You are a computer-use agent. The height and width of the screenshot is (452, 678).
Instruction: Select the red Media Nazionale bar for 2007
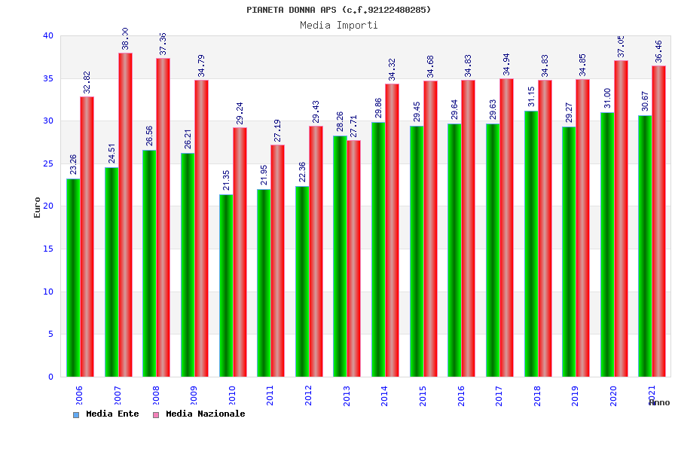pyautogui.click(x=125, y=215)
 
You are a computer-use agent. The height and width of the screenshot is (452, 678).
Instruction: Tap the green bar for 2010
pyautogui.click(x=226, y=286)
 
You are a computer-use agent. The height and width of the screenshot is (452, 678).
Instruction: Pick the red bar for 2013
pyautogui.click(x=354, y=258)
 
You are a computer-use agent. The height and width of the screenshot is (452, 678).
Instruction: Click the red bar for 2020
pyautogui.click(x=621, y=218)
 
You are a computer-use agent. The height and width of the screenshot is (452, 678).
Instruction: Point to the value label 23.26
pyautogui.click(x=73, y=164)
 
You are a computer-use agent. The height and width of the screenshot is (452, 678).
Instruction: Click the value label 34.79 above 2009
pyautogui.click(x=201, y=66)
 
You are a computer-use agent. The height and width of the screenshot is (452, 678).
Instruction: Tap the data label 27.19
pyautogui.click(x=277, y=130)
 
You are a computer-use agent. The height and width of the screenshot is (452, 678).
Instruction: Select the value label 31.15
pyautogui.click(x=531, y=97)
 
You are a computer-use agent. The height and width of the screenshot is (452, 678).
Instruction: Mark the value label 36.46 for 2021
pyautogui.click(x=659, y=51)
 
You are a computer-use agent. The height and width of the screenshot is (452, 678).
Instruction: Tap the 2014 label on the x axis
pyautogui.click(x=385, y=395)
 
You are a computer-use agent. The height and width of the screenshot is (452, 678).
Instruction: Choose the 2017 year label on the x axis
pyautogui.click(x=499, y=395)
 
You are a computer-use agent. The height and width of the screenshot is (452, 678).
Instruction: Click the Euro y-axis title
pyautogui.click(x=38, y=207)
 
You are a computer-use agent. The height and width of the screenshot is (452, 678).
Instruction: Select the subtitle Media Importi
pyautogui.click(x=339, y=25)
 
